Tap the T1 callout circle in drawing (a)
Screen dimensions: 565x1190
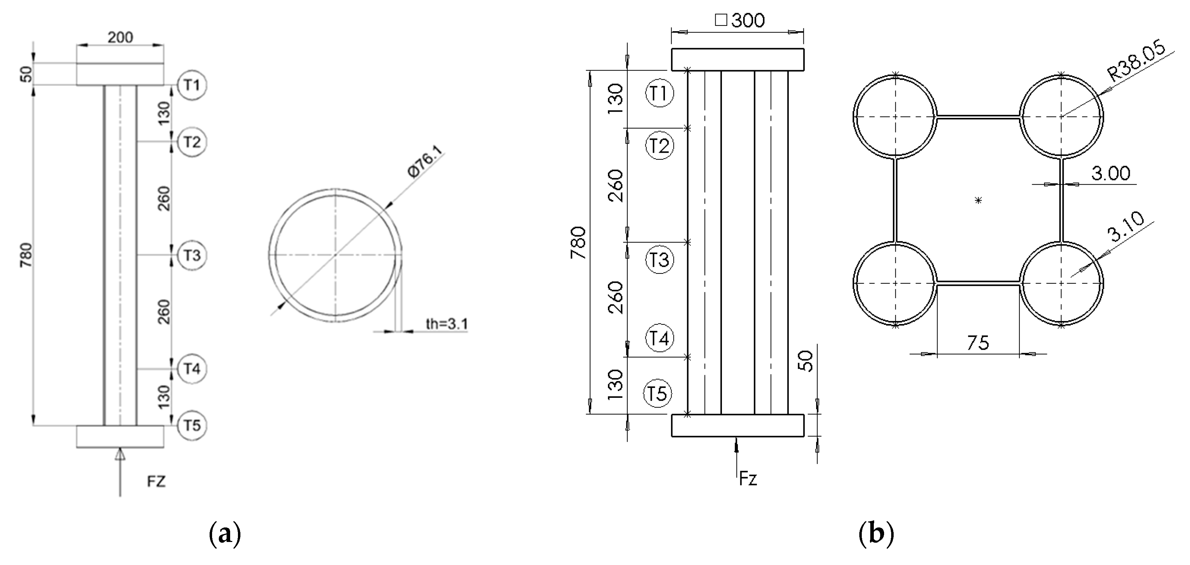192,85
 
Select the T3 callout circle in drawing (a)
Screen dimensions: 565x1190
192,255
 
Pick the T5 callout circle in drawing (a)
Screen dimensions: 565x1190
192,425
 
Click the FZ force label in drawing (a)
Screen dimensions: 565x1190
156,482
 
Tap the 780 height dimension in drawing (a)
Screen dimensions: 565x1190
26,255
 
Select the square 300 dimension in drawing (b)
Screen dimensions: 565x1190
740,20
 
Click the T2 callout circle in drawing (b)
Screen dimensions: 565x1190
659,146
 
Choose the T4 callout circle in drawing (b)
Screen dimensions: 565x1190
659,338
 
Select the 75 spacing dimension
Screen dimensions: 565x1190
978,343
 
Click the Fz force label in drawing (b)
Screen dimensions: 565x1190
748,479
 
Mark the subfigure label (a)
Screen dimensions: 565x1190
225,534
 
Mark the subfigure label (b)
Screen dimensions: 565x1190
876,534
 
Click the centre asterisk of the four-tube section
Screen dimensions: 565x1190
978,200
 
